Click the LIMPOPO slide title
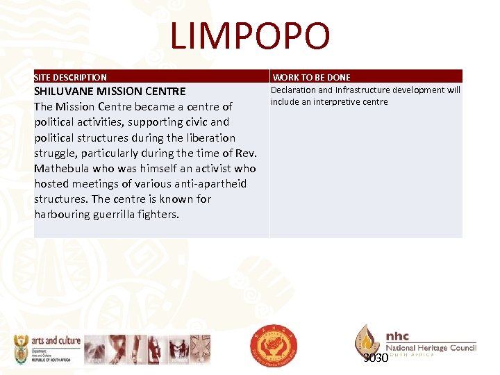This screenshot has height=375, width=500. click(250, 36)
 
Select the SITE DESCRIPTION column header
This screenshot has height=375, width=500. click(71, 78)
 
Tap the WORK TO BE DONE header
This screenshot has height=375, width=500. click(311, 78)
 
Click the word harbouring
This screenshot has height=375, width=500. click(62, 215)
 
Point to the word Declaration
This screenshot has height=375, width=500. click(292, 90)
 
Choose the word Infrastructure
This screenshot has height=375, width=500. click(365, 90)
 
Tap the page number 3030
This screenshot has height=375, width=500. click(376, 358)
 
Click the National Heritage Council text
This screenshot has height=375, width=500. click(431, 347)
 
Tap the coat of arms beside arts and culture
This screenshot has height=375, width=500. click(21, 349)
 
